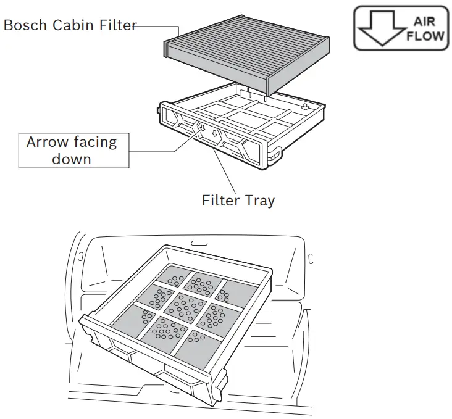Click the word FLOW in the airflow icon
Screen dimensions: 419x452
tap(424, 35)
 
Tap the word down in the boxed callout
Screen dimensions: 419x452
tap(71, 159)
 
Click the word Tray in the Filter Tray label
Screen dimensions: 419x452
tap(259, 201)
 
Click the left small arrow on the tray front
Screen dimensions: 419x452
tap(200, 128)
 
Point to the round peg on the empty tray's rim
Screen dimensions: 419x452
tap(304, 106)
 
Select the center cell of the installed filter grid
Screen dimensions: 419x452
tap(185, 304)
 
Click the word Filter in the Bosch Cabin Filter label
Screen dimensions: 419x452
tap(111, 26)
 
